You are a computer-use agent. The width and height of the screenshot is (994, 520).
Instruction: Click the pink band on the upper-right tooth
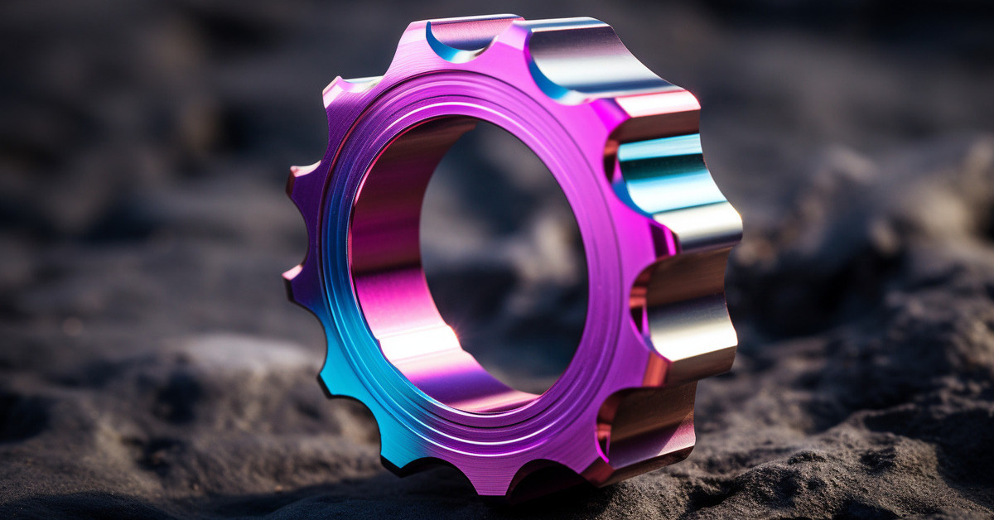pos(659,104)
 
